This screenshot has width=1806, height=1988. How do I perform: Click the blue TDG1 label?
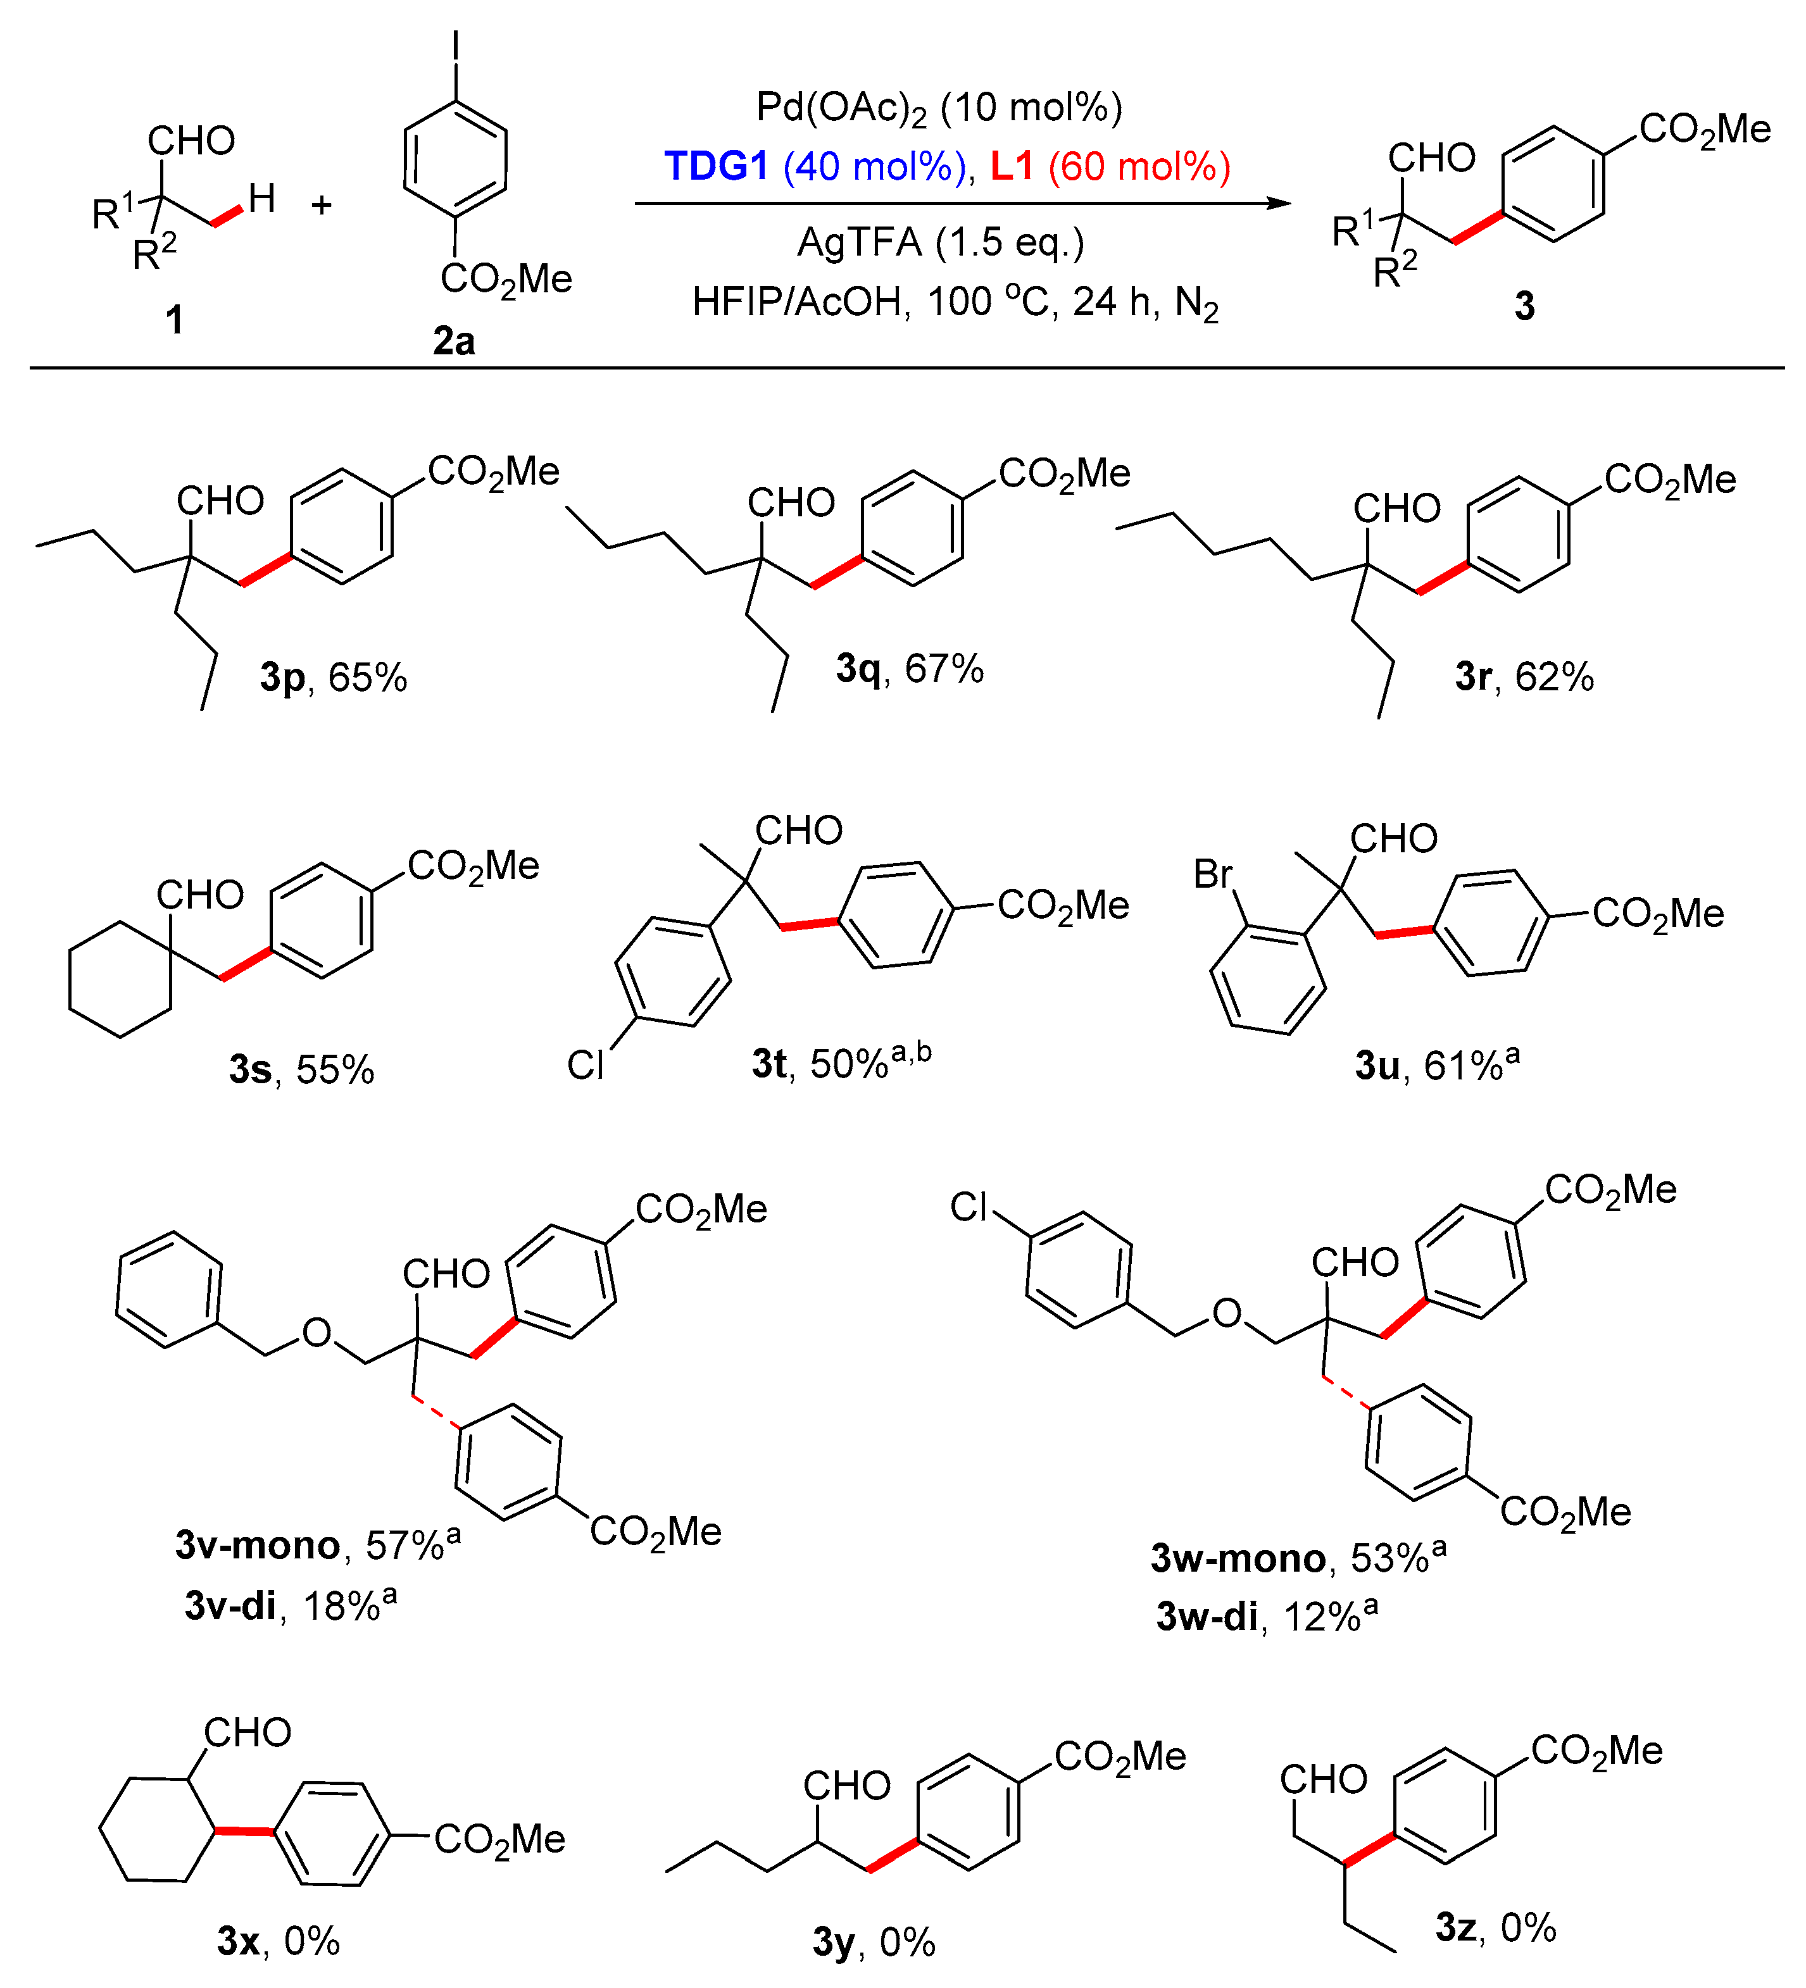tap(715, 166)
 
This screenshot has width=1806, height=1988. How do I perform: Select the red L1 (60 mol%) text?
tap(1110, 166)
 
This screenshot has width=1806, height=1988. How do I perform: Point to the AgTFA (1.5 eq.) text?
tap(940, 242)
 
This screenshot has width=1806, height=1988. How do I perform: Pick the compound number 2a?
tap(454, 341)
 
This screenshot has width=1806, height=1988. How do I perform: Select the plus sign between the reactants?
tap(322, 205)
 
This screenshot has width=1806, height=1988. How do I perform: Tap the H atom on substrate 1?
tap(261, 198)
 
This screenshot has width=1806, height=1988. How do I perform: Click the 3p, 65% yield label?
tap(334, 678)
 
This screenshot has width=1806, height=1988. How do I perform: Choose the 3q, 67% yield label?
tap(910, 669)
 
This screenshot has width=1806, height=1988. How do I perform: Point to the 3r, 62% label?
tap(1524, 676)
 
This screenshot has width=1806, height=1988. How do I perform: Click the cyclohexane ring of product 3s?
tap(120, 979)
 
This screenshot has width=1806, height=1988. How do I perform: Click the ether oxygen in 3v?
tap(317, 1333)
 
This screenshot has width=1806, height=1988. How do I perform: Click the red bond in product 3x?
tap(244, 1831)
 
